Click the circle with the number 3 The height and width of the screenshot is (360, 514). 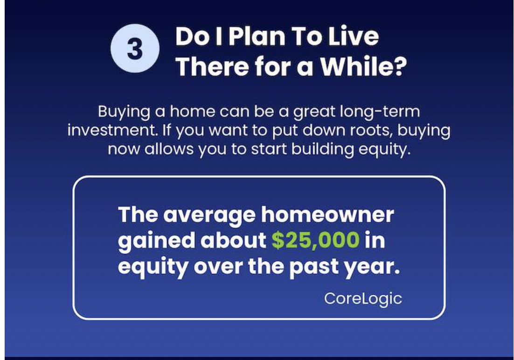coord(135,48)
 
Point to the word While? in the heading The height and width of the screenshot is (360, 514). coord(363,66)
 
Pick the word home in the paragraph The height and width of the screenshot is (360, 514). coord(192,111)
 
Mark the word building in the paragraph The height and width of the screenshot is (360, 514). coord(322,150)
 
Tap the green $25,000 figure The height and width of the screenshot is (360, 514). coord(315,240)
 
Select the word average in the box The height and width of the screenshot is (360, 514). coord(209,215)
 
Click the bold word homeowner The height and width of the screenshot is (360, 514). coord(327,215)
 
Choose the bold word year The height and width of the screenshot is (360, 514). coord(372,267)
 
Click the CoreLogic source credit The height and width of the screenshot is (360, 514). coord(363,298)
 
